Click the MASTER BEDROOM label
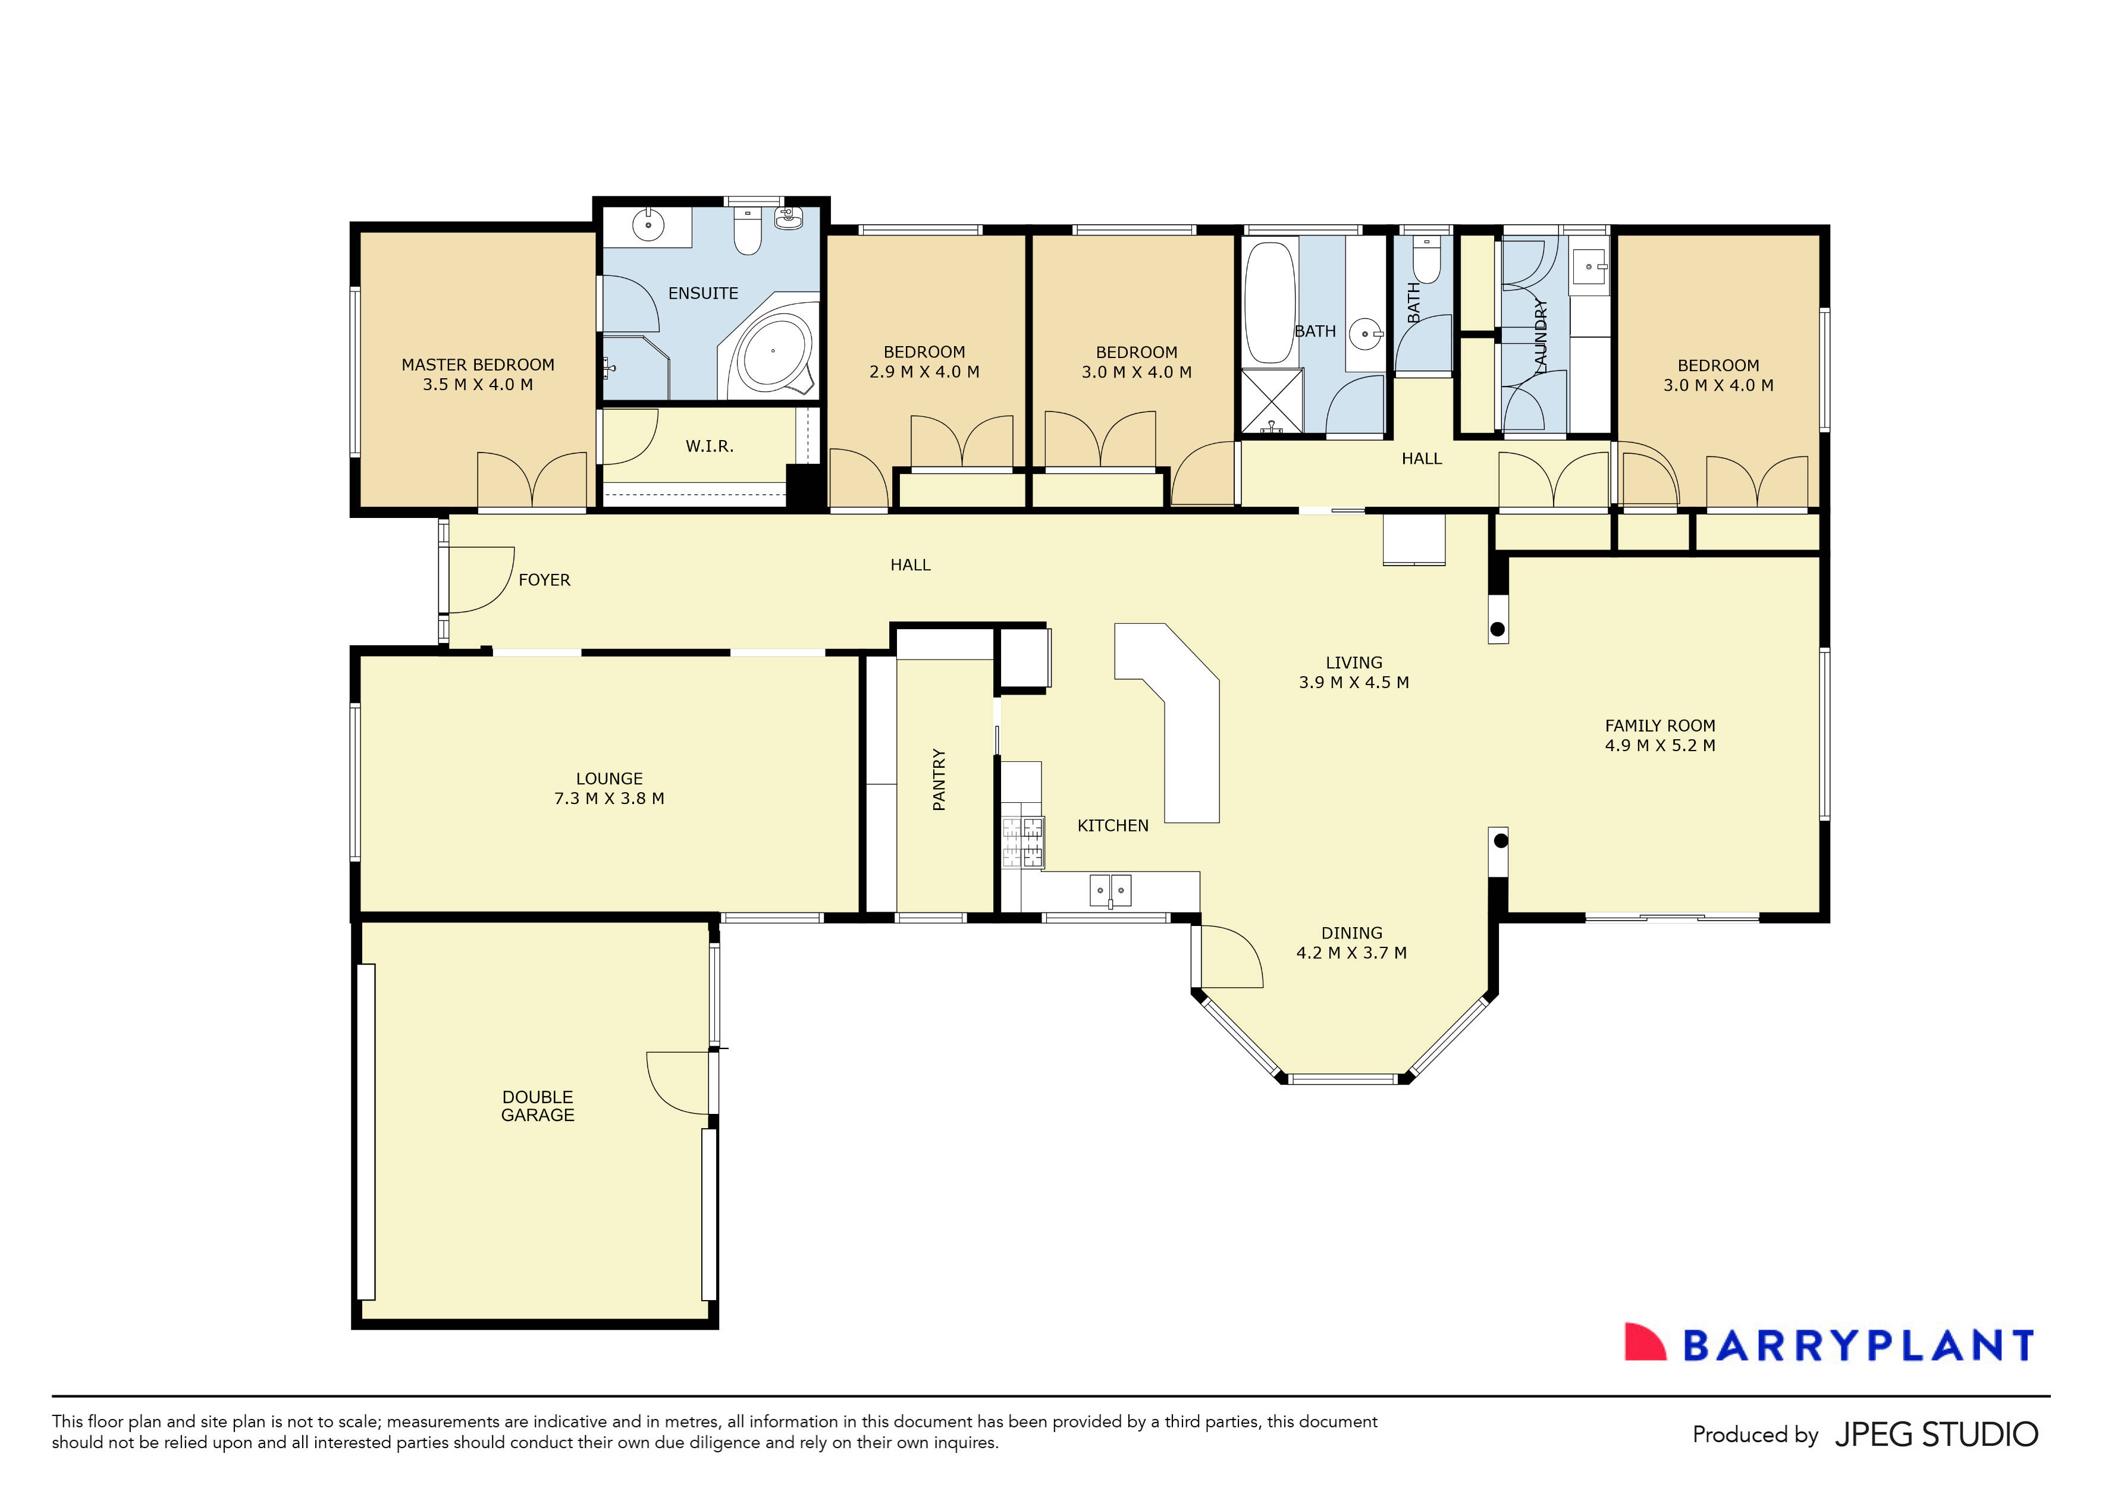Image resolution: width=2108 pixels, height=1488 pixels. coord(478,365)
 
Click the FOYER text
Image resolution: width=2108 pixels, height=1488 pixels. coord(544,580)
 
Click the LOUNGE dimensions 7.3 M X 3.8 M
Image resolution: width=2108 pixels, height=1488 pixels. coord(608,799)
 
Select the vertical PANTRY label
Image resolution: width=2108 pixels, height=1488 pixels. coord(939,779)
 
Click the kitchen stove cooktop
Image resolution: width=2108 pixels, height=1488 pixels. coord(1023,842)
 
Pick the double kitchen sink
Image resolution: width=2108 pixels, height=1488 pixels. coord(1110,890)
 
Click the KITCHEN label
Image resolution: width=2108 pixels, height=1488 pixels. coord(1112,826)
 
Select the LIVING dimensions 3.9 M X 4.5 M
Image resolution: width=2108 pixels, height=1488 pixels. coord(1353,683)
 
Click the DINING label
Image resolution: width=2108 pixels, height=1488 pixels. coord(1351,933)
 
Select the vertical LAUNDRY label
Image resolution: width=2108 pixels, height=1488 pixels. coord(1541,335)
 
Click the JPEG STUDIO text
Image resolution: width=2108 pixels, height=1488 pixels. coord(1936,1434)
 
